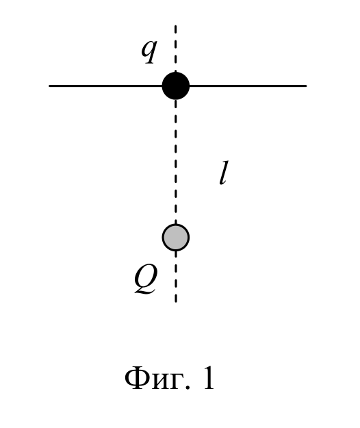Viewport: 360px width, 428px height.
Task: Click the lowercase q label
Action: [x=149, y=51]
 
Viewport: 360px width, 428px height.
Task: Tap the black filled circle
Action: [x=176, y=86]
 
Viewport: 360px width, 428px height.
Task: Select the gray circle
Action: [x=176, y=238]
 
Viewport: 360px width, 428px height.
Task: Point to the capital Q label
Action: [x=146, y=279]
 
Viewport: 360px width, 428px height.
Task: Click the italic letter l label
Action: [x=224, y=173]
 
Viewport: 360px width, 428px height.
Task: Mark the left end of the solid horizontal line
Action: [x=50, y=86]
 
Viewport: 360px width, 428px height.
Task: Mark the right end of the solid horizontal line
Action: [x=306, y=86]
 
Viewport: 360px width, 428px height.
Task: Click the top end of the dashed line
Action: [x=176, y=26]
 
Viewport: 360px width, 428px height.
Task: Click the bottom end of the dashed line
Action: [x=176, y=301]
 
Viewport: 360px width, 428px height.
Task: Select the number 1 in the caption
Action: [x=208, y=378]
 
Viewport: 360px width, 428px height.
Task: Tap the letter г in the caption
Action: [x=176, y=381]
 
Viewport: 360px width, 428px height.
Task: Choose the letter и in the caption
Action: [x=160, y=381]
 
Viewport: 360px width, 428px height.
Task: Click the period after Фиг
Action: [x=187, y=387]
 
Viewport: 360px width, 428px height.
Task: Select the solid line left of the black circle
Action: [x=106, y=86]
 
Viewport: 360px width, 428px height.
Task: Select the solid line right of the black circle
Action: [x=248, y=86]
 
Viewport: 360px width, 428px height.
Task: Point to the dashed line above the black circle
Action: [x=176, y=49]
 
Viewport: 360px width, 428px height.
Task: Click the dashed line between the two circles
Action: [x=176, y=162]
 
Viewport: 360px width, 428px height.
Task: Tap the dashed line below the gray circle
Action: [x=176, y=277]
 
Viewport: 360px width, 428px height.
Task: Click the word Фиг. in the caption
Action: [x=157, y=378]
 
